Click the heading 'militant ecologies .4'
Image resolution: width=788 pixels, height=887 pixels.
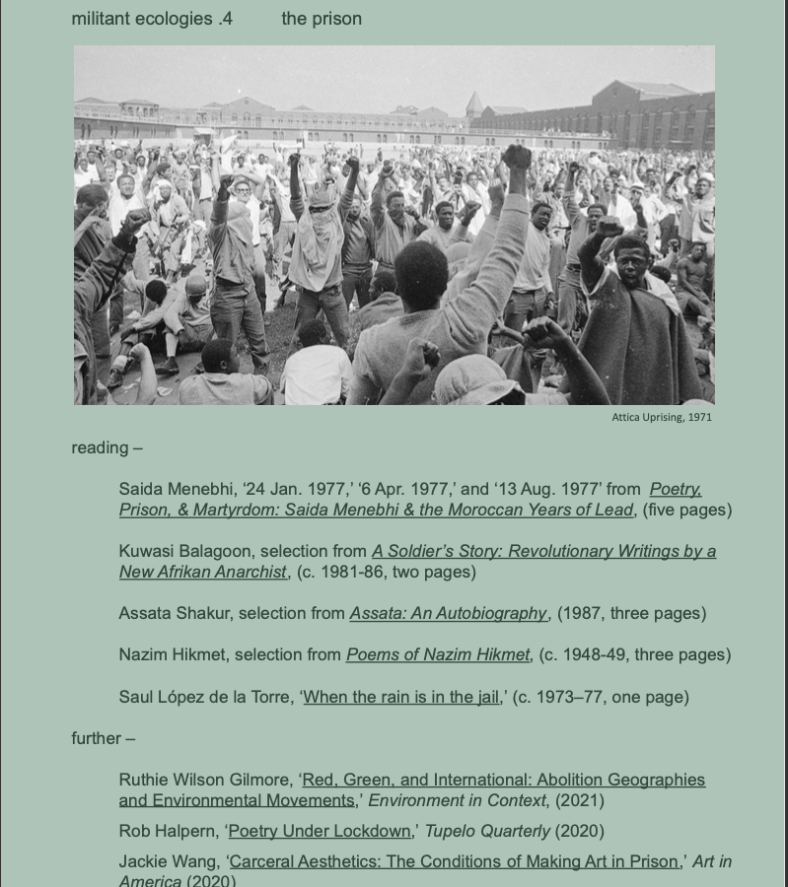coord(152,19)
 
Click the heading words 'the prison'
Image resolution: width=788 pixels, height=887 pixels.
coord(322,19)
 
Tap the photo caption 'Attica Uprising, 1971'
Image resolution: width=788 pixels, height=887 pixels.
coord(661,417)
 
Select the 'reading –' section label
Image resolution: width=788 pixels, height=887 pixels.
coord(107,447)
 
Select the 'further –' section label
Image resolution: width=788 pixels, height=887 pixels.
coord(103,738)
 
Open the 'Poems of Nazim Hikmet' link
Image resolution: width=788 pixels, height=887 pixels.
coord(438,654)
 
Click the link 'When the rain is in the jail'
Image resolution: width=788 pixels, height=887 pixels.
coord(401,697)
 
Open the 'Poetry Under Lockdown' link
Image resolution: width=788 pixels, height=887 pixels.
coord(319,831)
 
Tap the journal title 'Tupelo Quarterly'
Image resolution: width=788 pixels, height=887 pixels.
coord(487,831)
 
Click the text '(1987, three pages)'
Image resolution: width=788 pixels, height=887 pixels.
coord(631,613)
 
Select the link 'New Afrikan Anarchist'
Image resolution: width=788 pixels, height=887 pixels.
coord(203,572)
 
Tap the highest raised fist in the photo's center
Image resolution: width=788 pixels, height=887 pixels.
coord(516,156)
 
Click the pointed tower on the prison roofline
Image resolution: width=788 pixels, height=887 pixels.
coord(473,102)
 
